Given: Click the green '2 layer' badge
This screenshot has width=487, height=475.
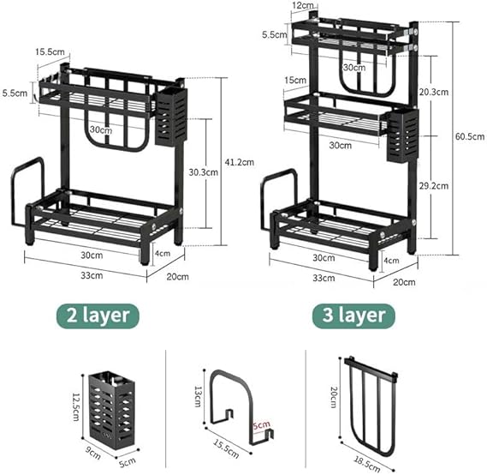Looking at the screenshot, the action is [98, 316].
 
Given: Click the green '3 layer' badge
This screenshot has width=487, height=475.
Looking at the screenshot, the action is [353, 316].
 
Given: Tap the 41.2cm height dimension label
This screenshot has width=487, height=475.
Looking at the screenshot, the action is [240, 162].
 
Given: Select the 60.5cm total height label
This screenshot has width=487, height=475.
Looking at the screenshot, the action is [470, 136].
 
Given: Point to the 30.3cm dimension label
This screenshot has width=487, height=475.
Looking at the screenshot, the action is [204, 172].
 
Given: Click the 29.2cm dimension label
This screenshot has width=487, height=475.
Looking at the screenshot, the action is [434, 186].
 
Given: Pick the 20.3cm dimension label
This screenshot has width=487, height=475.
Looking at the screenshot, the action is [434, 92].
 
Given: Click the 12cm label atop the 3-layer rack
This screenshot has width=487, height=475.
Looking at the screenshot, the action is [303, 5].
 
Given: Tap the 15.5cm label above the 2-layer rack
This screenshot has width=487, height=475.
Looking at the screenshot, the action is [50, 51].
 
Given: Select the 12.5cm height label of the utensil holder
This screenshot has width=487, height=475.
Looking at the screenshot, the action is [76, 406].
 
